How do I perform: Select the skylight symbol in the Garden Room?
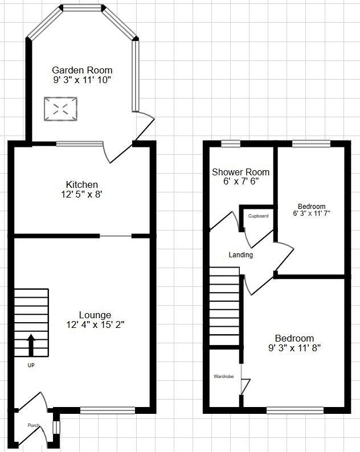[x=61, y=108]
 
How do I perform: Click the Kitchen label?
[x=82, y=184]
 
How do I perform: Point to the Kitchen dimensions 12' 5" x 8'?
[x=82, y=195]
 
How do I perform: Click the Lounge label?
[x=95, y=315]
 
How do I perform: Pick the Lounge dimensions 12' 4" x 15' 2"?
[x=95, y=325]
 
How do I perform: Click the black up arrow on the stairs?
[x=31, y=344]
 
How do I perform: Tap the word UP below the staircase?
[x=31, y=365]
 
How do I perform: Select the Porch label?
[x=34, y=425]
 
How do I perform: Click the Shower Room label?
[x=240, y=172]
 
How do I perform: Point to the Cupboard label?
[x=258, y=216]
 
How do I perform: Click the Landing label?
[x=240, y=255]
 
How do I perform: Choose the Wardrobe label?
[x=223, y=376]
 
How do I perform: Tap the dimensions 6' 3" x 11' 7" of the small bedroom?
[x=312, y=213]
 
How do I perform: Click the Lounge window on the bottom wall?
[x=108, y=409]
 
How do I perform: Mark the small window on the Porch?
[x=56, y=426]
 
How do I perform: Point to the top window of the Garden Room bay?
[x=82, y=8]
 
